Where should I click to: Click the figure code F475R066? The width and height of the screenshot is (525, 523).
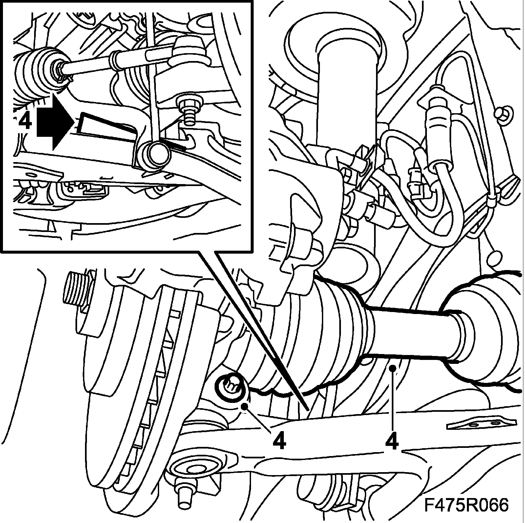466,504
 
